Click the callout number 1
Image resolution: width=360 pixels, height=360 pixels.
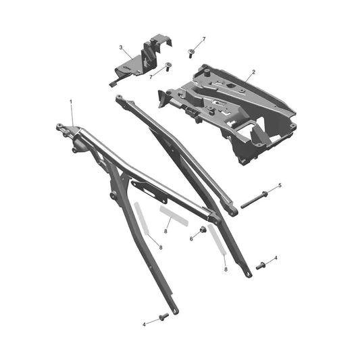(x=71, y=101)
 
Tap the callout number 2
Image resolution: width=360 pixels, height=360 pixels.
(x=253, y=72)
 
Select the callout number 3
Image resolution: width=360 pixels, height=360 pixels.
(x=121, y=47)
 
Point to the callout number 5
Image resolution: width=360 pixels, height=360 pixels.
(x=280, y=185)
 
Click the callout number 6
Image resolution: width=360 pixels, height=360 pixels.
(x=191, y=239)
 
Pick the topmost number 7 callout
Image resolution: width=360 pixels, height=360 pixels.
(x=204, y=39)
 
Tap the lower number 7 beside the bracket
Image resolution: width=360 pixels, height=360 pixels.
(x=151, y=77)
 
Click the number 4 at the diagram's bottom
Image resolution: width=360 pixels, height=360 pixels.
(x=144, y=325)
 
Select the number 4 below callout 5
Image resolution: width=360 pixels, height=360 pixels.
(x=276, y=258)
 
